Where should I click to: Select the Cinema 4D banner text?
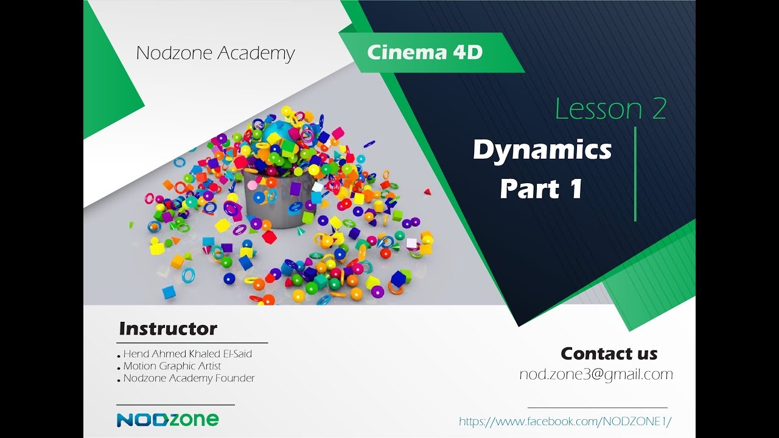[x=425, y=53]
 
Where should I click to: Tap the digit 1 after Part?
[x=576, y=189]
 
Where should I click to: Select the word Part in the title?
[x=527, y=189]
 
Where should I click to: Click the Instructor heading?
[x=168, y=329]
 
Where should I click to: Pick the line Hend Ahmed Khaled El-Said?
[x=187, y=353]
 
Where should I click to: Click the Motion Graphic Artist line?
[x=172, y=366]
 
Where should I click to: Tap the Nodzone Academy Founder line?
[x=189, y=378]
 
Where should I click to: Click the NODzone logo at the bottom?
[x=167, y=419]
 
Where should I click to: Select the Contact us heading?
[x=609, y=353]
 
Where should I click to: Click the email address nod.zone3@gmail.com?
[x=596, y=374]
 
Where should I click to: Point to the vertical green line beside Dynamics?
[x=635, y=174]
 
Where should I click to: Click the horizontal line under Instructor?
[x=191, y=342]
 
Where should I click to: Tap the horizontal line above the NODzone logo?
[x=175, y=405]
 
